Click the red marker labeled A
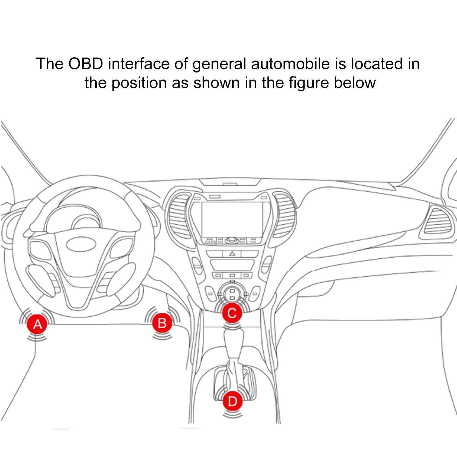[x=37, y=324]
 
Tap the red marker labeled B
[x=162, y=323]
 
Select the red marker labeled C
[x=232, y=313]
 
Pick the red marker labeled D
[x=232, y=401]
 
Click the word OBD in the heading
[x=85, y=64]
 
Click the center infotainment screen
[x=232, y=219]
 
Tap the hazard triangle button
[x=232, y=253]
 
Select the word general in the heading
[x=219, y=64]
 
